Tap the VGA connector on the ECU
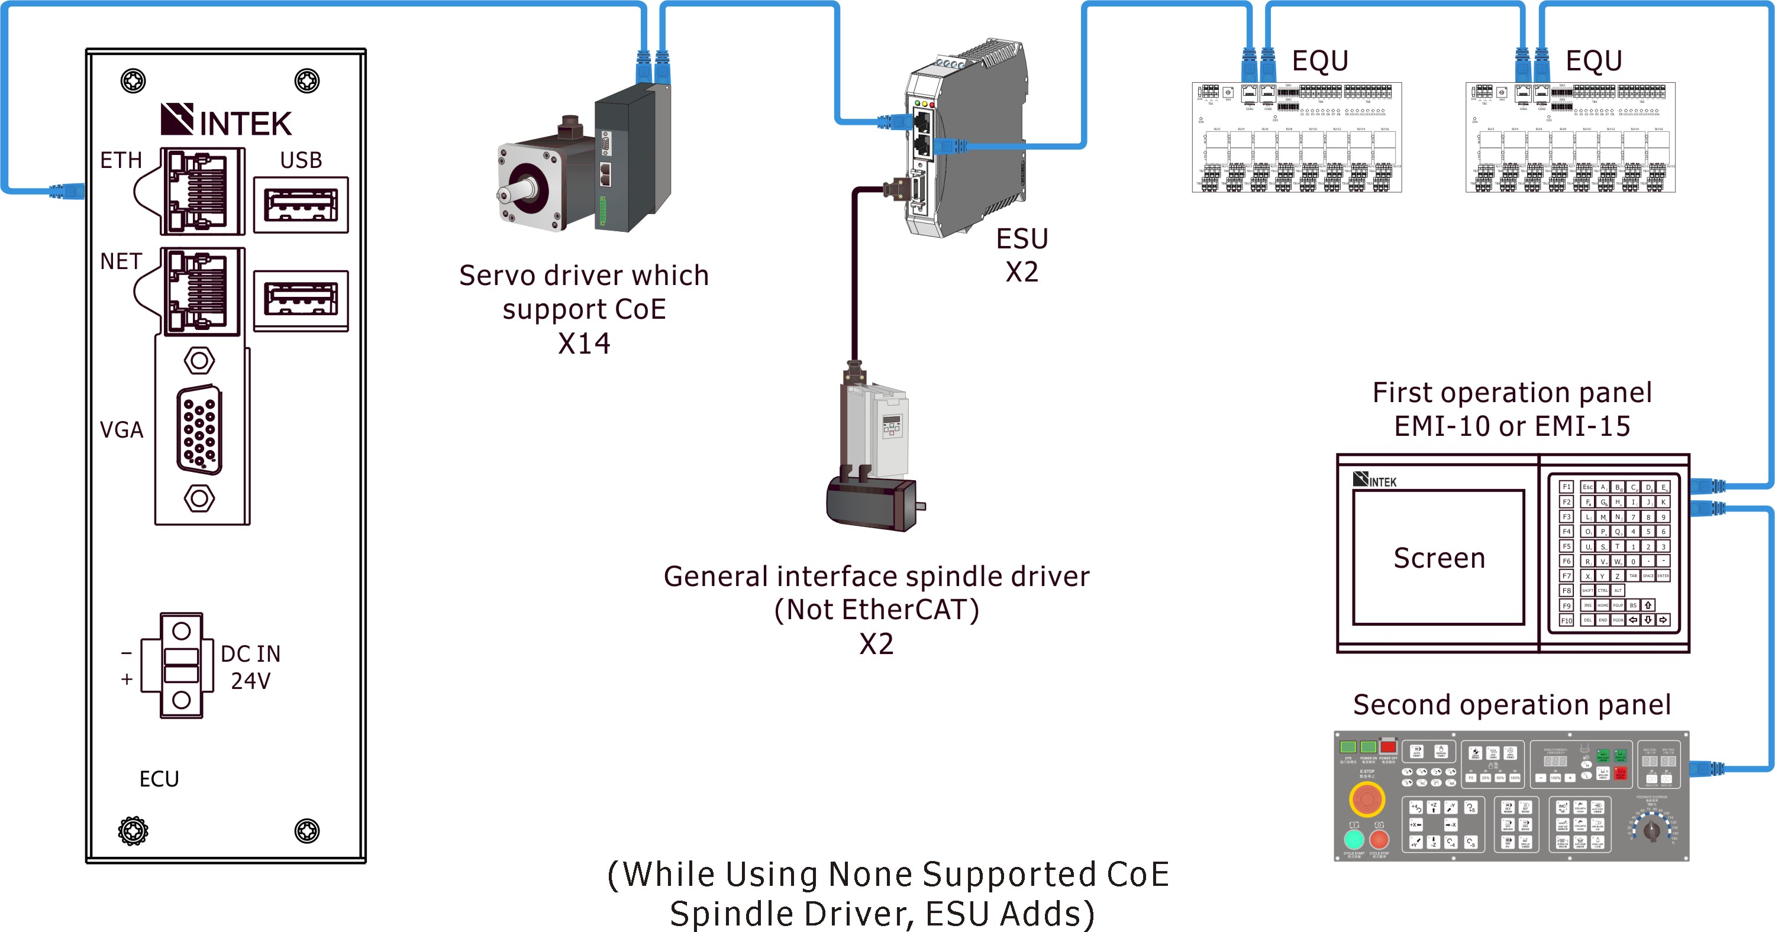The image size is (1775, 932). pos(200,430)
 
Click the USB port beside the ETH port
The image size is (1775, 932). pos(301,205)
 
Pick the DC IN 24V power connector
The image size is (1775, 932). pos(181,665)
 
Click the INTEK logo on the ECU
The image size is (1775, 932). pos(226,121)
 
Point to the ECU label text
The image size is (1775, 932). pos(159,779)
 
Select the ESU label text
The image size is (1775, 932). pos(1022,239)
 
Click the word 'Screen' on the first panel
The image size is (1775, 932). pos(1439,558)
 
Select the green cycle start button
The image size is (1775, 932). pos(1354,839)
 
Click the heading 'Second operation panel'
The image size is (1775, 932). pos(1512,705)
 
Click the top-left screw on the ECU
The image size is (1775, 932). pos(133,80)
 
